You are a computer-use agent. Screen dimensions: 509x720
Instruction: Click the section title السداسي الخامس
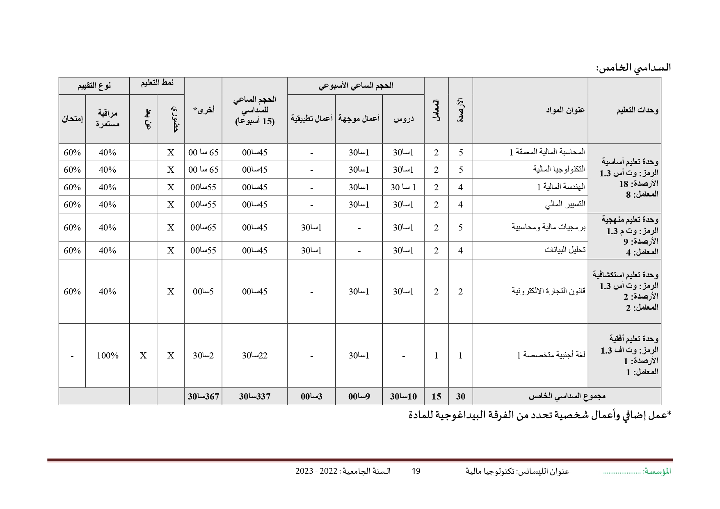[x=633, y=68]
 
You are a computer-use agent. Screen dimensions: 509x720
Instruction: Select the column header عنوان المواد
[x=565, y=110]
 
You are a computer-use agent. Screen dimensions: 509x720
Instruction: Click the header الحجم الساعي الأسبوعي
[x=356, y=85]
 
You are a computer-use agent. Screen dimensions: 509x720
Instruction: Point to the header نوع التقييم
[x=94, y=85]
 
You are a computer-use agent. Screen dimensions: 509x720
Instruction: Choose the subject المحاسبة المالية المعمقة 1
[x=547, y=152]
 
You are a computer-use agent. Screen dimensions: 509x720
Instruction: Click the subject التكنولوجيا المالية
[x=559, y=169]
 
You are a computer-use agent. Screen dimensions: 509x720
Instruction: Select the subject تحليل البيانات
[x=565, y=250]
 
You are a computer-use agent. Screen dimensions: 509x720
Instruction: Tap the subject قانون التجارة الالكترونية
[x=548, y=291]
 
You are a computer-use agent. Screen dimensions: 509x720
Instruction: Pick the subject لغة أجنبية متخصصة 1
[x=551, y=355]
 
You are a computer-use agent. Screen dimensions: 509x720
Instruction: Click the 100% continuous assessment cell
[x=107, y=356]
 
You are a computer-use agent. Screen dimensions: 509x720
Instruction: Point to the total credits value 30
[x=461, y=396]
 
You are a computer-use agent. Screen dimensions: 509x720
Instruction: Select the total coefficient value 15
[x=436, y=396]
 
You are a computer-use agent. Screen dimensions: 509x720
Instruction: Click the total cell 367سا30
[x=203, y=396]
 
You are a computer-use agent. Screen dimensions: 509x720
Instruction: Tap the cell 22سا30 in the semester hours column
[x=254, y=356]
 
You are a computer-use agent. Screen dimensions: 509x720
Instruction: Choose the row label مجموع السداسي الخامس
[x=567, y=396]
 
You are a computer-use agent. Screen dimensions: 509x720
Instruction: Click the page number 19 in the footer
[x=416, y=471]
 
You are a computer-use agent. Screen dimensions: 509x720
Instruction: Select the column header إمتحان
[x=72, y=119]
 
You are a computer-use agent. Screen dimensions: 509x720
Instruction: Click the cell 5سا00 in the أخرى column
[x=203, y=292]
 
